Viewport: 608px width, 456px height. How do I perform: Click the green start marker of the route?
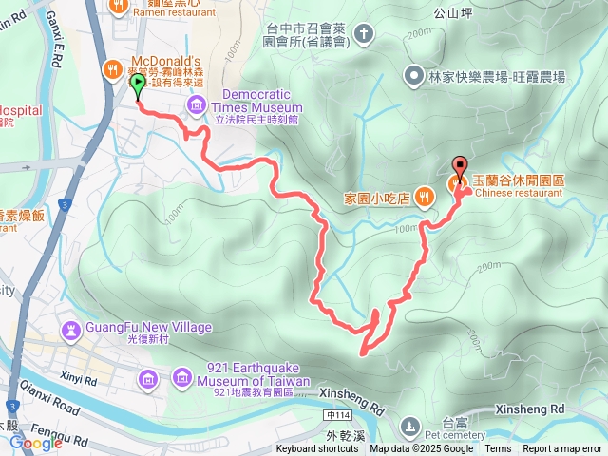click(137, 85)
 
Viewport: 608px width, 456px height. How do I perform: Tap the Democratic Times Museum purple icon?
click(197, 102)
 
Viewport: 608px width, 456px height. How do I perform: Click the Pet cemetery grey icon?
click(410, 424)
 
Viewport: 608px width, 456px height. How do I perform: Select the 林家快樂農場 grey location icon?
click(413, 73)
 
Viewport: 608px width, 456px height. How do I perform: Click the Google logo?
click(36, 442)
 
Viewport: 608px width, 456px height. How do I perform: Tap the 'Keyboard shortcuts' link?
click(317, 449)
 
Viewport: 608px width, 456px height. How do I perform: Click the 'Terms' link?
click(498, 449)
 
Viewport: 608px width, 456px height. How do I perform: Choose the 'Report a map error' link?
click(563, 449)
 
